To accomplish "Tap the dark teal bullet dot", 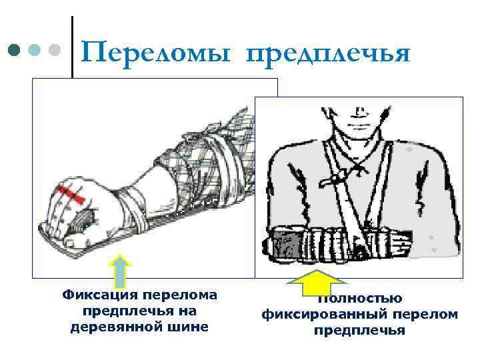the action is click(14, 50).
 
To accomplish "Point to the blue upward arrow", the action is click(119, 270).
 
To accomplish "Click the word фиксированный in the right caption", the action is click(332, 314).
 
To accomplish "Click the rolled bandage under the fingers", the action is click(84, 219).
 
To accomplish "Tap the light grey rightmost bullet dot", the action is click(55, 50).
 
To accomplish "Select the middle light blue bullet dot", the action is click(35, 50).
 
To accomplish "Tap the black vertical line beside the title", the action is click(72, 47).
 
